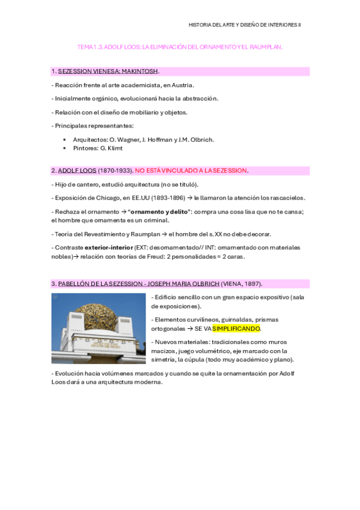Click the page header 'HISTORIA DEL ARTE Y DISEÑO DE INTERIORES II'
click(245, 25)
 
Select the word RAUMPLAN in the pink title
click(267, 46)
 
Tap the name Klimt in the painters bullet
click(119, 148)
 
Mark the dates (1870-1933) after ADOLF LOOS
click(115, 171)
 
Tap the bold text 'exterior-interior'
click(109, 247)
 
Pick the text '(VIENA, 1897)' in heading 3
click(241, 284)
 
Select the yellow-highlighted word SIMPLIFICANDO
click(236, 329)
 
